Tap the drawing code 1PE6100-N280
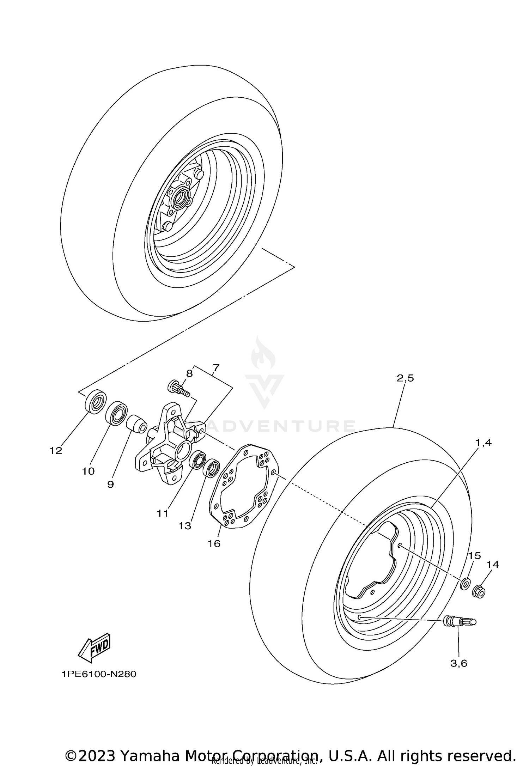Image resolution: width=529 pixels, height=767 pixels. [x=99, y=674]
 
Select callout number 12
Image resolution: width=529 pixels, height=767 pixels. [x=56, y=450]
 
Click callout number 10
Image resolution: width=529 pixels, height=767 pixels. [x=89, y=471]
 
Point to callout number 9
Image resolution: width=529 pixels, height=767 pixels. [x=110, y=484]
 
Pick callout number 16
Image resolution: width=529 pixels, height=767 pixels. [x=214, y=543]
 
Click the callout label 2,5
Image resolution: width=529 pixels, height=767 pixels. [x=405, y=378]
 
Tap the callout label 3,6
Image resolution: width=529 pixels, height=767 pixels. [x=458, y=663]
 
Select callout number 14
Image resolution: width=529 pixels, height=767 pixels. [x=493, y=565]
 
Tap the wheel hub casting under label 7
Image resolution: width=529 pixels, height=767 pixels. [x=166, y=444]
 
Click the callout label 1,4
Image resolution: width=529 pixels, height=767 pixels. [x=484, y=443]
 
